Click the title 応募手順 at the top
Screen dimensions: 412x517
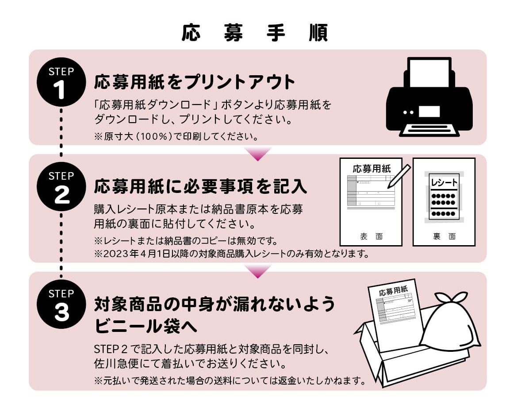255,33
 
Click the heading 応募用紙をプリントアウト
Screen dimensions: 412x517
195,82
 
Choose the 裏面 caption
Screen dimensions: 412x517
444,237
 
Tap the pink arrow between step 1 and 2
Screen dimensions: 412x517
258,153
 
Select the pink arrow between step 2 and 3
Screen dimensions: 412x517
258,271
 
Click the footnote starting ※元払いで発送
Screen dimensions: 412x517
230,380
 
